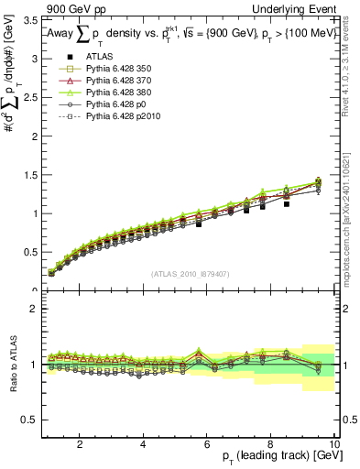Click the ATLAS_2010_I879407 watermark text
click(x=190, y=274)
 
